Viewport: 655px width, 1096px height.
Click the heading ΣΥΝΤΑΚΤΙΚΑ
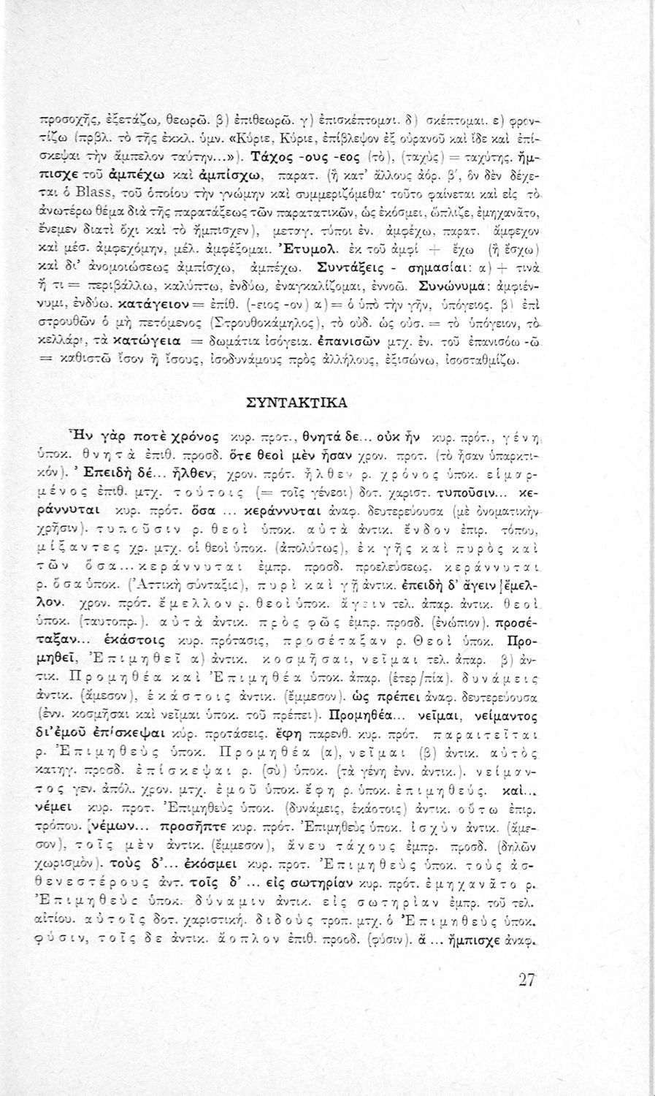pos(327,403)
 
